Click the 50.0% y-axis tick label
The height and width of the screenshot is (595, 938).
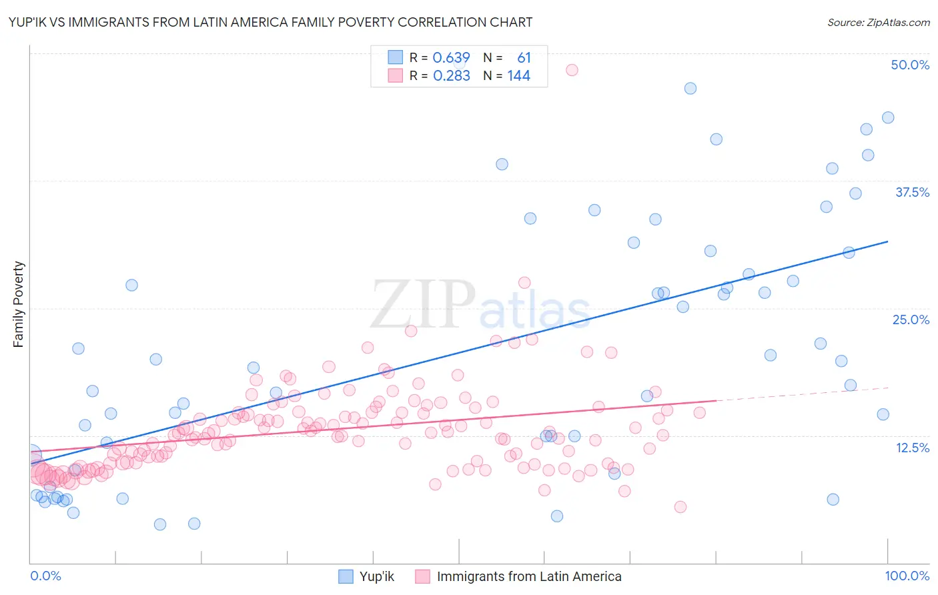909,65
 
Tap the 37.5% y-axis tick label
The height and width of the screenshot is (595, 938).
912,192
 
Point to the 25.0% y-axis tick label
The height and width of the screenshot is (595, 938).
911,320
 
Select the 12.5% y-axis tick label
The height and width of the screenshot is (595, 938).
912,448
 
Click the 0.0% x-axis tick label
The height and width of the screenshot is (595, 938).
45,576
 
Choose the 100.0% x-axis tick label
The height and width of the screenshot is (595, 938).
907,576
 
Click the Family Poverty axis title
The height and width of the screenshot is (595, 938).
19,304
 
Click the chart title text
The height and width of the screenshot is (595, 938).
270,22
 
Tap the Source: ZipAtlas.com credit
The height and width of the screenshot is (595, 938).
878,22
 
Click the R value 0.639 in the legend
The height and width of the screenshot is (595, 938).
451,58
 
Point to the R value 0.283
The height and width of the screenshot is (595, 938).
451,76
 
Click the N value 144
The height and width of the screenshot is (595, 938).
518,76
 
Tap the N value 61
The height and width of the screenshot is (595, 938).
524,58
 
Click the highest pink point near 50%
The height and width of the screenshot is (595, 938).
572,70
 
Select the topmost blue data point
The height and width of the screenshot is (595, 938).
690,89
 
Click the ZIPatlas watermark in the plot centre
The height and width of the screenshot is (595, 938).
480,305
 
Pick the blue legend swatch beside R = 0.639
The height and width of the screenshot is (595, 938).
396,58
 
